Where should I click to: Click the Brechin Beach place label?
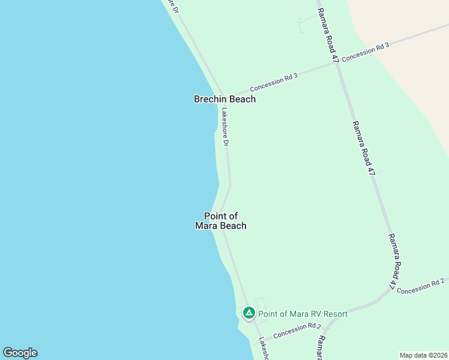(x=224, y=99)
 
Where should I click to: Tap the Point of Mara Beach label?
(x=221, y=221)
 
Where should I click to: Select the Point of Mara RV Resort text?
(x=303, y=314)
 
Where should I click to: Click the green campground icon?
(x=249, y=313)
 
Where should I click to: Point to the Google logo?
(x=20, y=353)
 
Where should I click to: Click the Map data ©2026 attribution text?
(x=423, y=355)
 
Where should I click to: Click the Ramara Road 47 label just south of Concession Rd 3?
(x=364, y=148)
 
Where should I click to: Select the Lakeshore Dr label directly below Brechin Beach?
(x=225, y=127)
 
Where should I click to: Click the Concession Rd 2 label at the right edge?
(x=421, y=286)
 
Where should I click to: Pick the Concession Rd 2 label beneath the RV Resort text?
(x=297, y=331)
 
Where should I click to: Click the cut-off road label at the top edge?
(x=174, y=6)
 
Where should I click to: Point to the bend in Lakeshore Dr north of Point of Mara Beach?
(x=230, y=185)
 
